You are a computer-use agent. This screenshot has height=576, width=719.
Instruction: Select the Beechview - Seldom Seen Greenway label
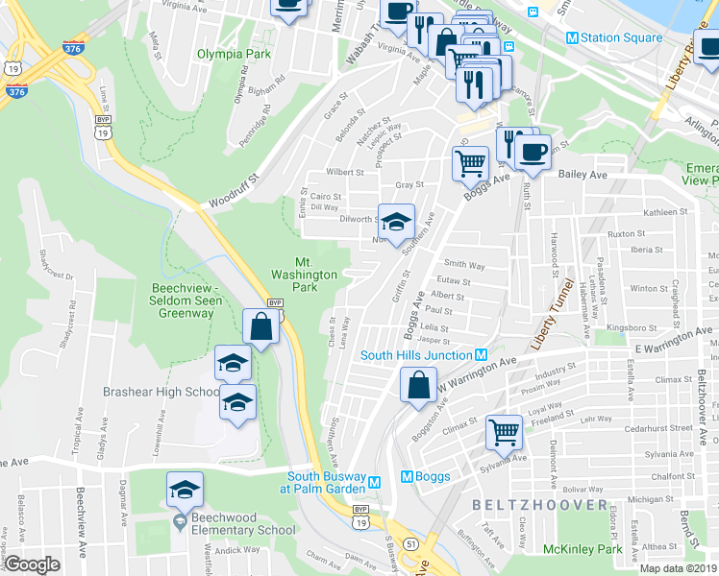(x=187, y=300)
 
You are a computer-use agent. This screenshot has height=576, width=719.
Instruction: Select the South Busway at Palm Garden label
(x=329, y=482)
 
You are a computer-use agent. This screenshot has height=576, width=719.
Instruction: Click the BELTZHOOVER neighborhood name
(x=539, y=505)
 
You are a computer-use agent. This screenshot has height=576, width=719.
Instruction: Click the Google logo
(x=33, y=564)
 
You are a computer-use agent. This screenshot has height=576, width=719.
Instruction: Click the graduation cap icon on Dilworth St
(x=395, y=222)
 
